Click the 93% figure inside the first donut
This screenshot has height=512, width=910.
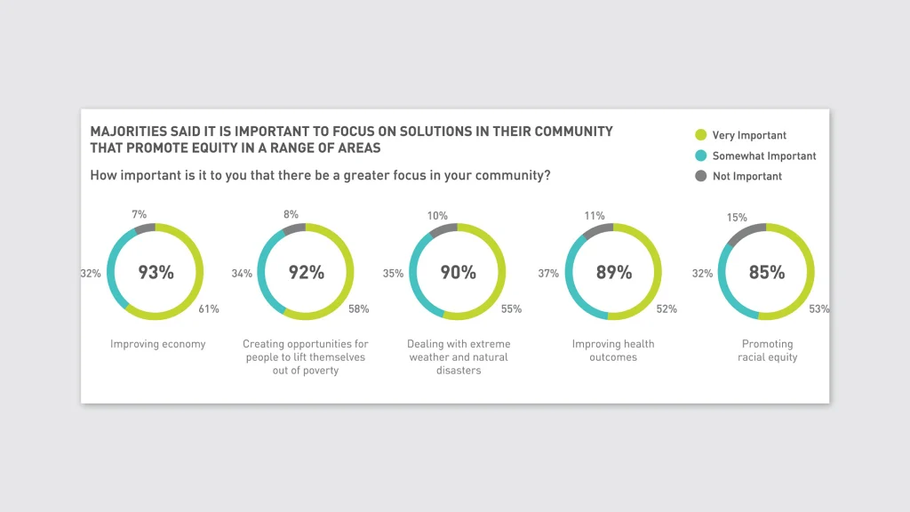coord(156,273)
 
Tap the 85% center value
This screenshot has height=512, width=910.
coord(766,273)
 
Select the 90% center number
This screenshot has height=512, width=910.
coord(459,273)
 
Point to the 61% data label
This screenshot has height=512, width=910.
coord(210,309)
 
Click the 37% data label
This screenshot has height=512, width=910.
coord(548,274)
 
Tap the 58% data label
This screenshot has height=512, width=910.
coord(360,309)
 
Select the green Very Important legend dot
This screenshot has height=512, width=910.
coord(700,135)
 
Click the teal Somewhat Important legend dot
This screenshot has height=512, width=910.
coord(700,156)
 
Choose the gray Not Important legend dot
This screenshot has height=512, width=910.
coord(700,176)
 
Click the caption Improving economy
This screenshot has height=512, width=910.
coord(157,344)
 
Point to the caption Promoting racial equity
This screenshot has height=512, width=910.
coord(768,350)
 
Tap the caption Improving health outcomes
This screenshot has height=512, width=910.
coord(613,350)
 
